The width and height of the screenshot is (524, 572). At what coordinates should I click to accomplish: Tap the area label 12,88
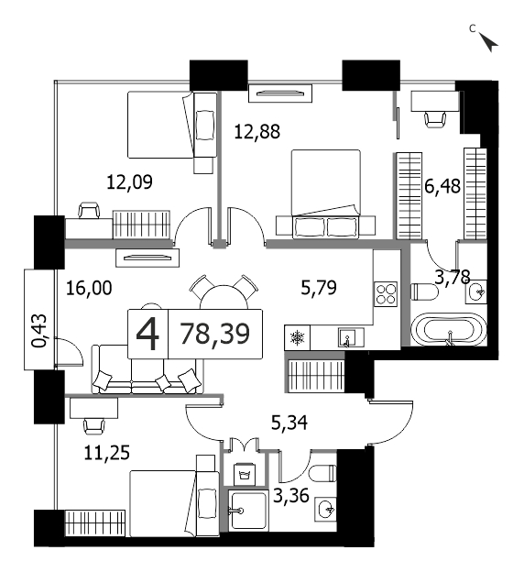point(257,132)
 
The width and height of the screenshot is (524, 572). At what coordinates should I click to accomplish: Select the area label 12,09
point(129,182)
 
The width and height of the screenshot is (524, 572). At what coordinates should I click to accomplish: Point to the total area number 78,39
point(215,334)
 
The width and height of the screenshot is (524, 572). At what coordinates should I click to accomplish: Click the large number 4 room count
point(147,334)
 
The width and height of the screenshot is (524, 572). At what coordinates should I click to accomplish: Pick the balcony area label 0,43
point(39,331)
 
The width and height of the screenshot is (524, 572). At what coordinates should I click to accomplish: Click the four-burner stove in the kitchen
point(387,294)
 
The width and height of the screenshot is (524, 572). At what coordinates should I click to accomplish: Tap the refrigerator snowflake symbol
point(297,338)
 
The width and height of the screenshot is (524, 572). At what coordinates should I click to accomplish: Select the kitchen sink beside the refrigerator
point(351,337)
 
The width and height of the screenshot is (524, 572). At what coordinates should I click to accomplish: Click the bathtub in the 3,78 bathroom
point(448,329)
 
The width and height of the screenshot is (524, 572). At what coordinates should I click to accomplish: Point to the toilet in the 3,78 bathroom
point(424,291)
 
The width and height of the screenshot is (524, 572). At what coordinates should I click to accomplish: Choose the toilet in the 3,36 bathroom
point(322,474)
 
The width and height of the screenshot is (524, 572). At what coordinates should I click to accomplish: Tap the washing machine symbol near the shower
point(245,474)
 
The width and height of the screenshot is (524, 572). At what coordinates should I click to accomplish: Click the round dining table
point(224,297)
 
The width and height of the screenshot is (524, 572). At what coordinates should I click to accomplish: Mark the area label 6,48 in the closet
point(442,186)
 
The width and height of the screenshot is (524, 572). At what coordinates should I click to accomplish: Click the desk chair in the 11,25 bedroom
point(94,425)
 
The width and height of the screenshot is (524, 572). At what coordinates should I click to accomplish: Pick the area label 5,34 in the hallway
point(289,423)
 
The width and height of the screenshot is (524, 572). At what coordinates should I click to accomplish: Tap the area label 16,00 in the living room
point(89,288)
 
